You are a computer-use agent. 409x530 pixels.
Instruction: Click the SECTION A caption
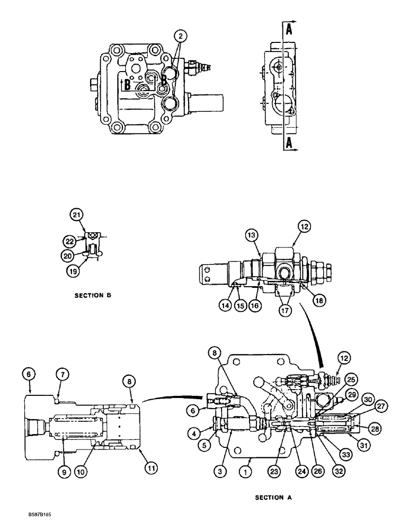[x=273, y=497]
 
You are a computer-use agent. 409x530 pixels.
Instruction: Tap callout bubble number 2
[x=181, y=36]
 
